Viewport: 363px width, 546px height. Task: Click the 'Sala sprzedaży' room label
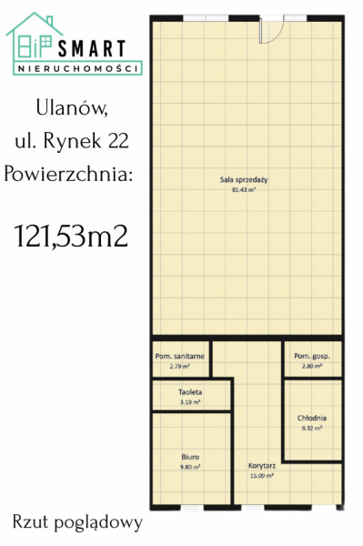coord(244,180)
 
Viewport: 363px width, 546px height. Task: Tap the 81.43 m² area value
coord(244,190)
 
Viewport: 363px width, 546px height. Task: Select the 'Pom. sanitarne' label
coord(179,357)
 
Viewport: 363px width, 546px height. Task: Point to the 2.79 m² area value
coord(180,367)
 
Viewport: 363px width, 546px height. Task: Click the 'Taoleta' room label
coord(190,392)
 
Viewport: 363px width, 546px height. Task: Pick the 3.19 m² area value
coord(190,402)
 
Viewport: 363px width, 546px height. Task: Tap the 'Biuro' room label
coord(190,457)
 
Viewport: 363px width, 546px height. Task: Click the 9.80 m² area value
coord(190,468)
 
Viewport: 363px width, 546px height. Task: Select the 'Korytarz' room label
coord(262,466)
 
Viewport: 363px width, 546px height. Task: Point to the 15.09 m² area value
coord(262,476)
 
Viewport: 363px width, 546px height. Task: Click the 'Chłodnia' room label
coord(312,419)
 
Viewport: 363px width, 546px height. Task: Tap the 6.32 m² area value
coord(311,429)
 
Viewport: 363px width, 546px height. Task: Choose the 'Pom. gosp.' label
coord(312,356)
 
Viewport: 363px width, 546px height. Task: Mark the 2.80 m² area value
coord(311,367)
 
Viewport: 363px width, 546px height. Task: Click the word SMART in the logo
coord(92,48)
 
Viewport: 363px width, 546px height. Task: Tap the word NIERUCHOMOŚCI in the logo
coord(78,68)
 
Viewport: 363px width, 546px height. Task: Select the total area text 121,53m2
coord(71,236)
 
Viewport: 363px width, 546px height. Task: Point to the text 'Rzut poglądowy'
coord(77,523)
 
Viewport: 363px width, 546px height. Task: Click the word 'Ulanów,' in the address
coord(72,108)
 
